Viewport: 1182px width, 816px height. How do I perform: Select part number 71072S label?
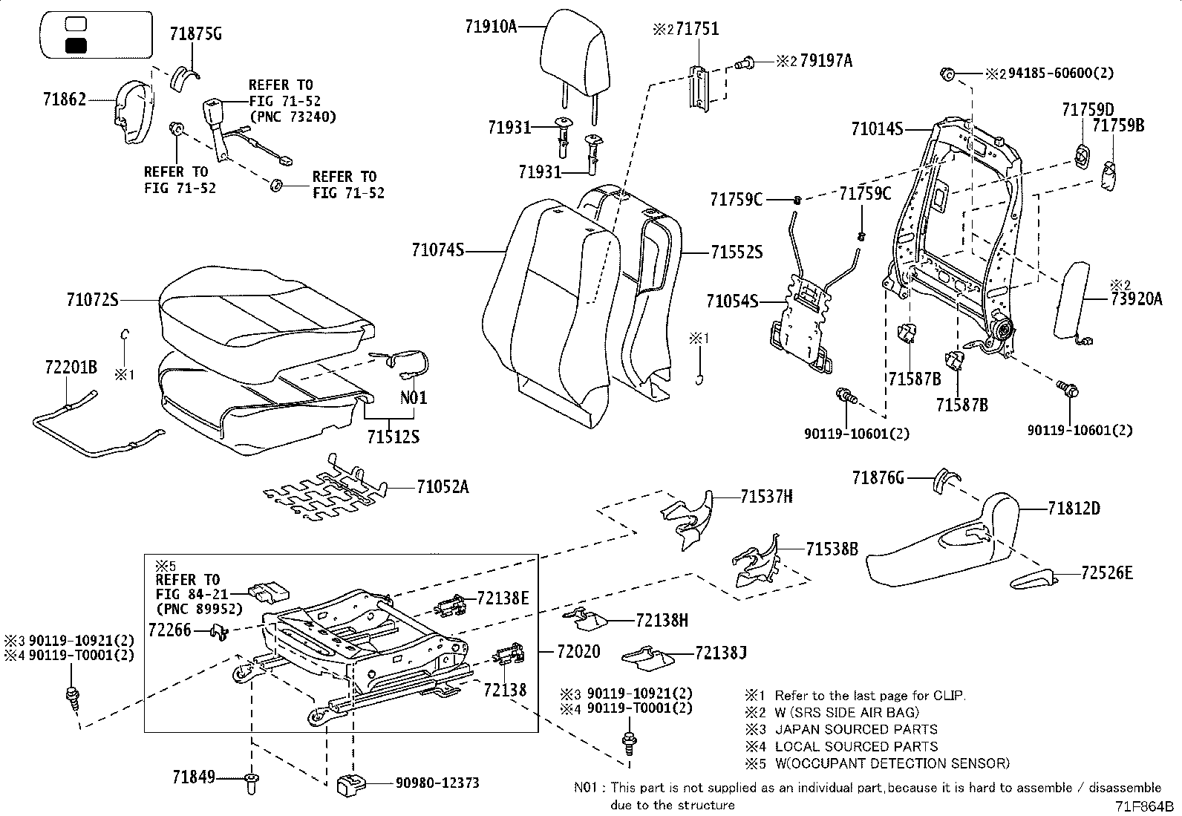[92, 300]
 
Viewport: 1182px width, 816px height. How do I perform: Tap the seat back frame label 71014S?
[877, 129]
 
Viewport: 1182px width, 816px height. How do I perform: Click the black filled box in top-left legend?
[76, 46]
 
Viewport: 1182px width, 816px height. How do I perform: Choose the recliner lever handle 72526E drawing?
[1034, 579]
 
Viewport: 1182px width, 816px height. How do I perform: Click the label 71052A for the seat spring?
[443, 487]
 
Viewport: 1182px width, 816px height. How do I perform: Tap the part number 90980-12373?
[437, 783]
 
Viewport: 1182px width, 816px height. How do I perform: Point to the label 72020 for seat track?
[578, 651]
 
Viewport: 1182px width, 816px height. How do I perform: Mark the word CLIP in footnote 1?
[947, 696]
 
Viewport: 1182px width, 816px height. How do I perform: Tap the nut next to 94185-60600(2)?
[947, 74]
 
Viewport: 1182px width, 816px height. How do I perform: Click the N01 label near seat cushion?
[414, 397]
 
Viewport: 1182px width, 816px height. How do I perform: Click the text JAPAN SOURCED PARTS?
[855, 729]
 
